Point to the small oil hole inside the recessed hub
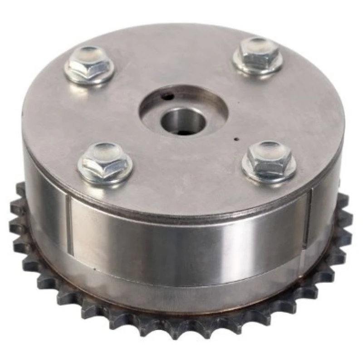tap(168, 96)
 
